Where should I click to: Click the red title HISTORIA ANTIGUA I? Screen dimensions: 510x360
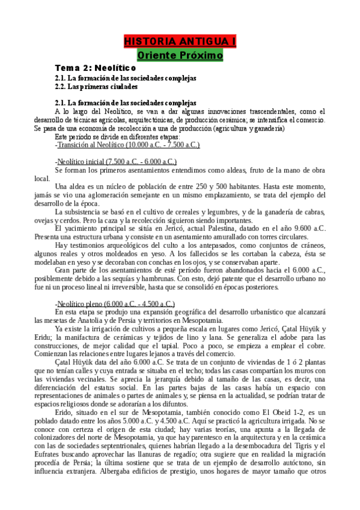180,41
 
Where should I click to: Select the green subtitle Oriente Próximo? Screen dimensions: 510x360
180,55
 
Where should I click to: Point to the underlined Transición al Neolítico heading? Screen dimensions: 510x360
128,145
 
